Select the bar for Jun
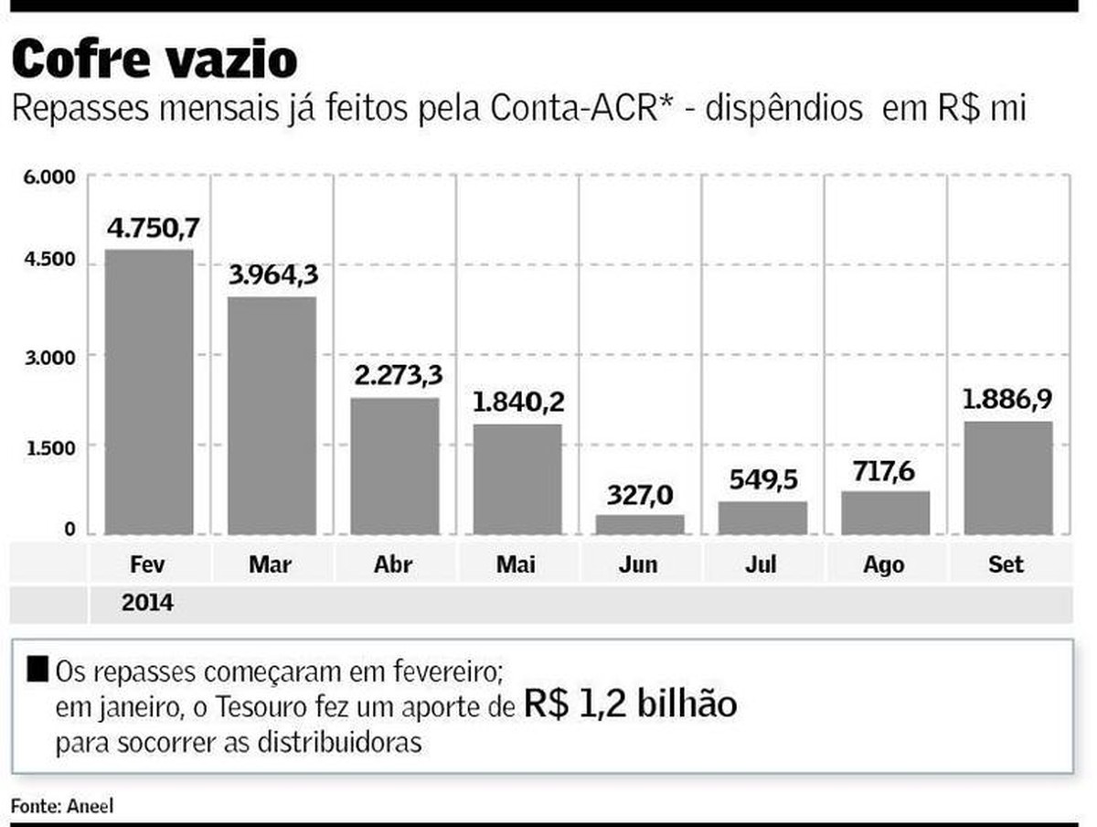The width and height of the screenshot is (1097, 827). point(639,524)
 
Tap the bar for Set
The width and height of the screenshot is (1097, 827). point(1007,478)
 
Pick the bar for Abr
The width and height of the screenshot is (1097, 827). point(394,466)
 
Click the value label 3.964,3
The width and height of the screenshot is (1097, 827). point(272,274)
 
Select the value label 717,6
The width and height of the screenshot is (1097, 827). point(885,471)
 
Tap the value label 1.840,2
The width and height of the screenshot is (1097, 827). point(517,403)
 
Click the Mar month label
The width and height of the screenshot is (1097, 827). point(272,564)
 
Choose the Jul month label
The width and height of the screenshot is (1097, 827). point(762,564)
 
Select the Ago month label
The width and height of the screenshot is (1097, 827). point(884,564)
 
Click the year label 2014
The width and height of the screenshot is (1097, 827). point(147,605)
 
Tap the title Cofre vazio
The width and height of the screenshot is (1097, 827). point(154,59)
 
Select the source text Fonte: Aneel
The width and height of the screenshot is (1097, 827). point(62,805)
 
